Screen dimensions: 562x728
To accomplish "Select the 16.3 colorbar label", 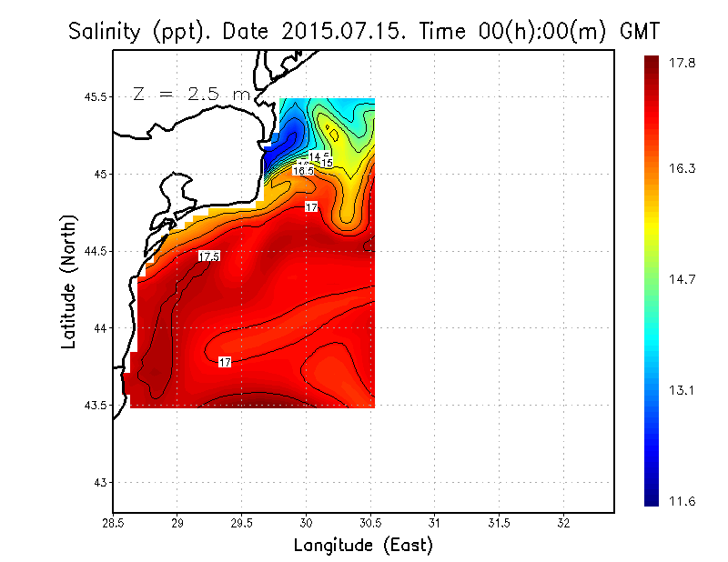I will [x=684, y=168].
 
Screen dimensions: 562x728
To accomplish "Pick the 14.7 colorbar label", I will [x=684, y=279].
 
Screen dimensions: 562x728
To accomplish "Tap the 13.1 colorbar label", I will [x=684, y=391].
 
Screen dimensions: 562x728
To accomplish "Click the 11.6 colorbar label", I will [x=684, y=499].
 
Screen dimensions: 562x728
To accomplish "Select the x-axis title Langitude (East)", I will [x=363, y=546].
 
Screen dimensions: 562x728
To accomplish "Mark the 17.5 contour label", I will [x=208, y=256].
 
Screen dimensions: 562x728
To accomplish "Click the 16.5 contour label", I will [x=303, y=170].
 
